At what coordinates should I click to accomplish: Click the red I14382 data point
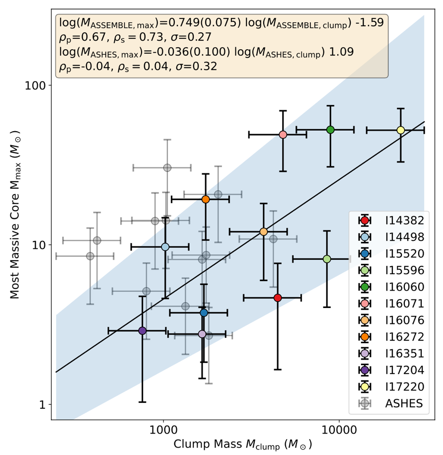[x=278, y=298]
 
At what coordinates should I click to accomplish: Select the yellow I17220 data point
[x=401, y=130]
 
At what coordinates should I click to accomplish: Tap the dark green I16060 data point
[x=330, y=130]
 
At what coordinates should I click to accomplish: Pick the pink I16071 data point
[x=283, y=134]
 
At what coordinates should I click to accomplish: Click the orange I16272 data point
[x=206, y=199]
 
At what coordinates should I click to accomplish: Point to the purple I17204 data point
[x=143, y=330]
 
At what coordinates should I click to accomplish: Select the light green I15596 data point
[x=327, y=259]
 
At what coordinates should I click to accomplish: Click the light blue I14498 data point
[x=165, y=247]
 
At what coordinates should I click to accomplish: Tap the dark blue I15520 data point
[x=204, y=312]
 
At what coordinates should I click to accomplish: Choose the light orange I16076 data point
[x=264, y=231]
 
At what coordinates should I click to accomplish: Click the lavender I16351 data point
[x=202, y=334]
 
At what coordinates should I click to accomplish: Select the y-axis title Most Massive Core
[x=15, y=225]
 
